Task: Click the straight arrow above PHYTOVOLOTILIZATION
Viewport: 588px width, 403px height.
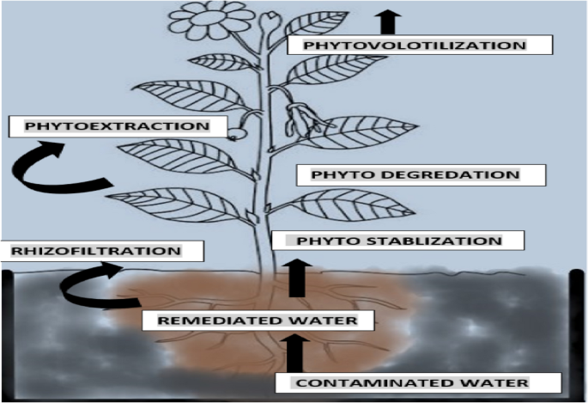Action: pos(390,19)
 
